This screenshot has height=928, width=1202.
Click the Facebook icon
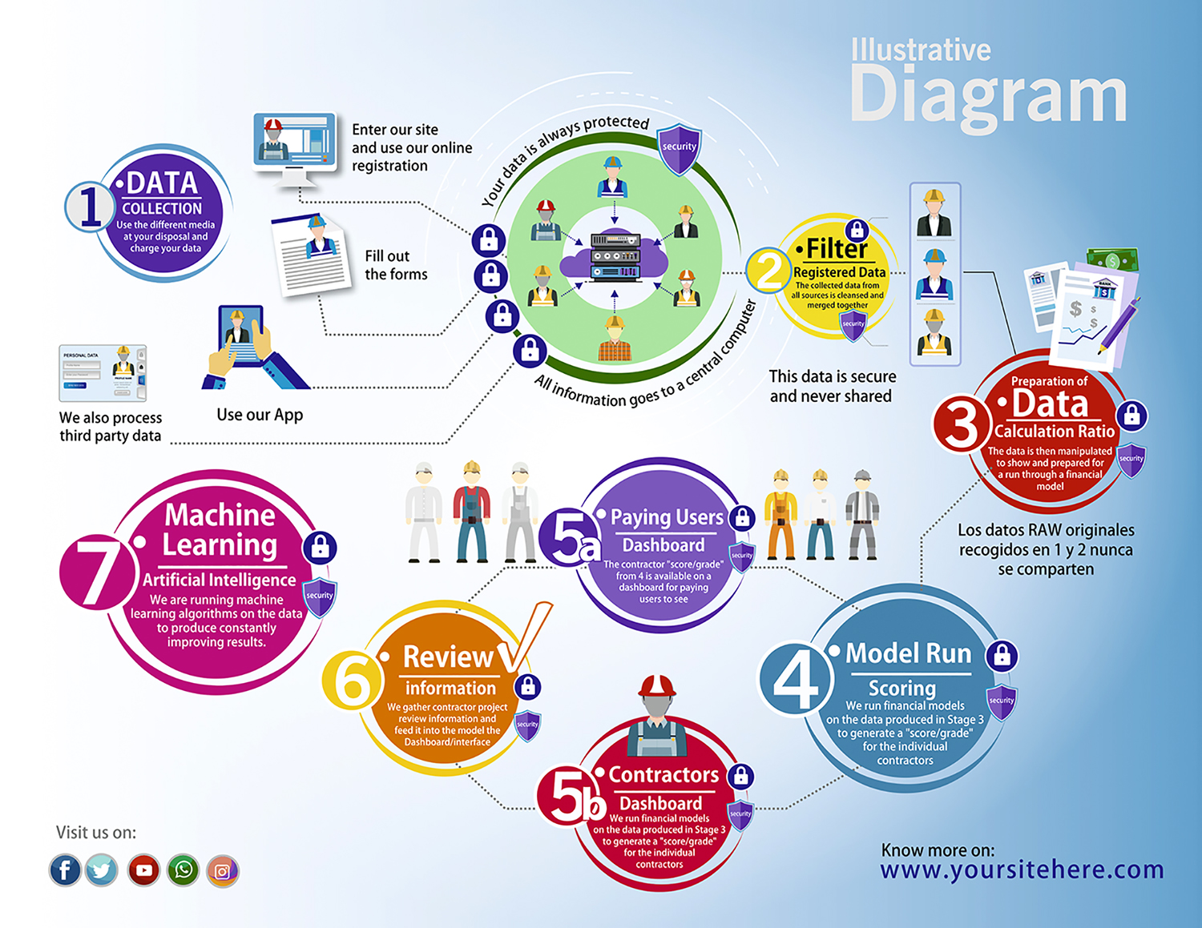65,870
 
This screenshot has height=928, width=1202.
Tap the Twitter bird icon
102,870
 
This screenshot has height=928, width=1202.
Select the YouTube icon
144,870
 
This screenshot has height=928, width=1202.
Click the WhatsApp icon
184,870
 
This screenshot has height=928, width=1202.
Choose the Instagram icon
223,871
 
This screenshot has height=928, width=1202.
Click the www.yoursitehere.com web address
1022,870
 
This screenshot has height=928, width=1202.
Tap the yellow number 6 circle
350,682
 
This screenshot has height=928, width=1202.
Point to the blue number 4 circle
796,679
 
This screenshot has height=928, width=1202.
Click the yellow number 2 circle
768,271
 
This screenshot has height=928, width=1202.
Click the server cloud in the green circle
614,256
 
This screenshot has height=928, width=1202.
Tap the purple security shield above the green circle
679,148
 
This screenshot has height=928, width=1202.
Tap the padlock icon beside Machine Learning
320,548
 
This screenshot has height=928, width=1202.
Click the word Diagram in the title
988,95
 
